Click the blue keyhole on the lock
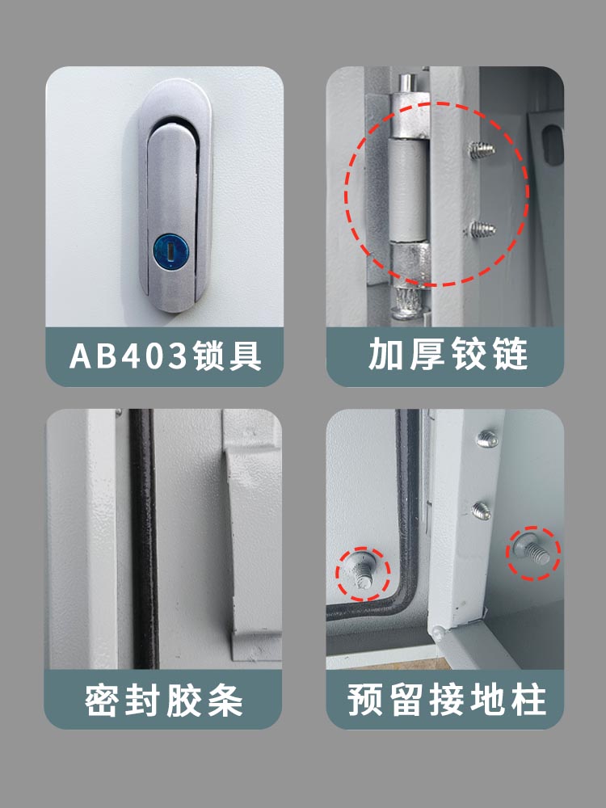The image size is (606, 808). click(x=170, y=252)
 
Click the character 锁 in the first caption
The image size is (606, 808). click(x=209, y=356)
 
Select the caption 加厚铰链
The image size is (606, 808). click(x=448, y=355)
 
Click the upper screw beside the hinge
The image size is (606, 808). click(x=482, y=150)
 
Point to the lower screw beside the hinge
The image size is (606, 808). click(x=482, y=229)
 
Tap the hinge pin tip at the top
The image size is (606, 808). click(x=407, y=82)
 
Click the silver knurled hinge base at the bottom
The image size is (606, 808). click(x=407, y=303)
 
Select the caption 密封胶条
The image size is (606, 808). click(x=164, y=701)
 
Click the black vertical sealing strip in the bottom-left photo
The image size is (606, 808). click(x=144, y=538)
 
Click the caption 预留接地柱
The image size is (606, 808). click(x=446, y=699)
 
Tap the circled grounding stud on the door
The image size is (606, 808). click(x=362, y=571)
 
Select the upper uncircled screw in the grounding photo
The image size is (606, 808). click(x=486, y=438)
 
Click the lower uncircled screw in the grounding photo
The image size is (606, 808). click(x=482, y=511)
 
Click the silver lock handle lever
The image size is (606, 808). click(x=172, y=211)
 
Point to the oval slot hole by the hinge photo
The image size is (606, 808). click(x=553, y=145)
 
